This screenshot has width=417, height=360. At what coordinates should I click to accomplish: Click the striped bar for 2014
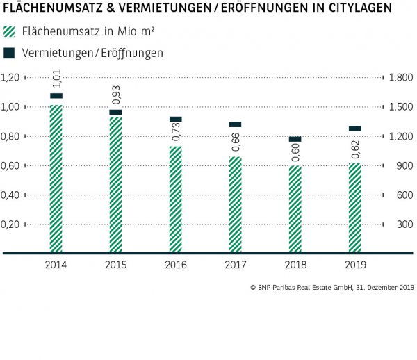click(56, 178)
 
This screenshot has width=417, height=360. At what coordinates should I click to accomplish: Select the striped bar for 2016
click(175, 199)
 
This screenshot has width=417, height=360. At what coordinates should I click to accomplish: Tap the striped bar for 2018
click(295, 208)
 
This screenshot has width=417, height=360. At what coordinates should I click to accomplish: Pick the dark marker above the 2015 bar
click(115, 112)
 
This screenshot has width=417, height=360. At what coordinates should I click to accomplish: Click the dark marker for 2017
click(235, 124)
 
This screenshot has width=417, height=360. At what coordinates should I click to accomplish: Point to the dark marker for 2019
click(354, 129)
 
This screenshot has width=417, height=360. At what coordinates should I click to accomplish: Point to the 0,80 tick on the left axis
click(12, 136)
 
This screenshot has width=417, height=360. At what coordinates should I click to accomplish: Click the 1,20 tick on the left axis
click(12, 77)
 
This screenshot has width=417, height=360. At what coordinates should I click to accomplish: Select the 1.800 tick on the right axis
click(402, 77)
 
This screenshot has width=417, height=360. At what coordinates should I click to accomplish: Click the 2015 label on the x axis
click(115, 265)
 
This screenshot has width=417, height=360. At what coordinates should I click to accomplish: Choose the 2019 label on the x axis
click(354, 265)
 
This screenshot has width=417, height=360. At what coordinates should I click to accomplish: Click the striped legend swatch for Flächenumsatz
click(9, 32)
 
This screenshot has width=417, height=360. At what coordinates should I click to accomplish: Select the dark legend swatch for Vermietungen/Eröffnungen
click(9, 52)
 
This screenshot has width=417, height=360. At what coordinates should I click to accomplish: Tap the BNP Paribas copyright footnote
click(332, 287)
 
